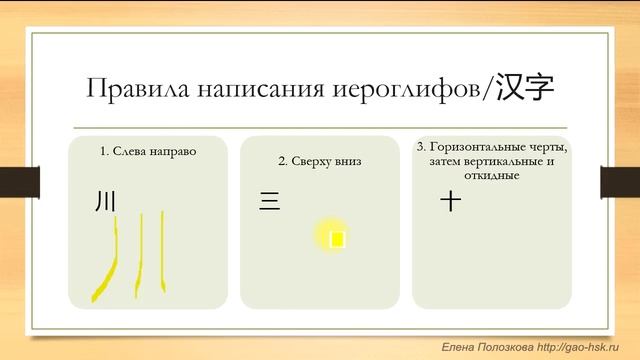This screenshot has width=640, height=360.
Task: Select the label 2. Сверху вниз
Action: pyautogui.click(x=319, y=160)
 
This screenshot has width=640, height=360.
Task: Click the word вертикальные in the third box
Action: pyautogui.click(x=508, y=162)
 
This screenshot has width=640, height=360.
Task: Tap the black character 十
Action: pyautogui.click(x=451, y=201)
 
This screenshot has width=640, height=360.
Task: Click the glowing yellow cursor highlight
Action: pyautogui.click(x=336, y=238)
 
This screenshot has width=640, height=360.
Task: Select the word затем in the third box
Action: pyautogui.click(x=446, y=162)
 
